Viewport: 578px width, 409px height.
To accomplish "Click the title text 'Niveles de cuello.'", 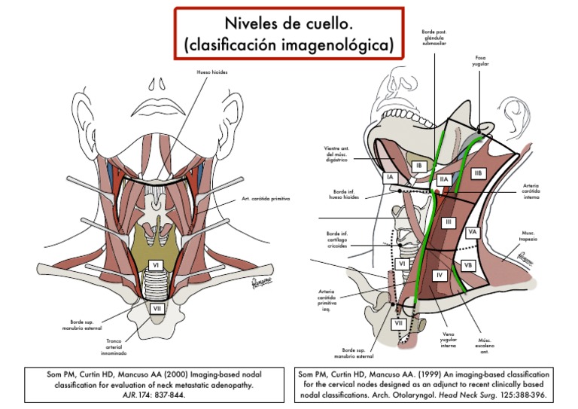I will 288,23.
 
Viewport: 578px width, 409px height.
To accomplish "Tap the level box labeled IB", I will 420,166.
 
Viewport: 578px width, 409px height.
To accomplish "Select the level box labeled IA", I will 390,178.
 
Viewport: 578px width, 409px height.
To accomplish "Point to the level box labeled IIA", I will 444,179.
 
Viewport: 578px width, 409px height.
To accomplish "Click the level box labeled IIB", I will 478,173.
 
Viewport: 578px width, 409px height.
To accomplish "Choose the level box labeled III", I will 447,222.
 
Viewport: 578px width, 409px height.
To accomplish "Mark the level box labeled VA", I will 473,232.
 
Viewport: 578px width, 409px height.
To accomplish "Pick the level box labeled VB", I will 467,265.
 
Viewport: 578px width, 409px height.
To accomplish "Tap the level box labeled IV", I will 440,276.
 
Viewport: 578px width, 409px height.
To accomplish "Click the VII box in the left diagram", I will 157,308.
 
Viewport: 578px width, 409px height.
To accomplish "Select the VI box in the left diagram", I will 154,265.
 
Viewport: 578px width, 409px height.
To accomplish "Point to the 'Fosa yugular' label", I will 481,61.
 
